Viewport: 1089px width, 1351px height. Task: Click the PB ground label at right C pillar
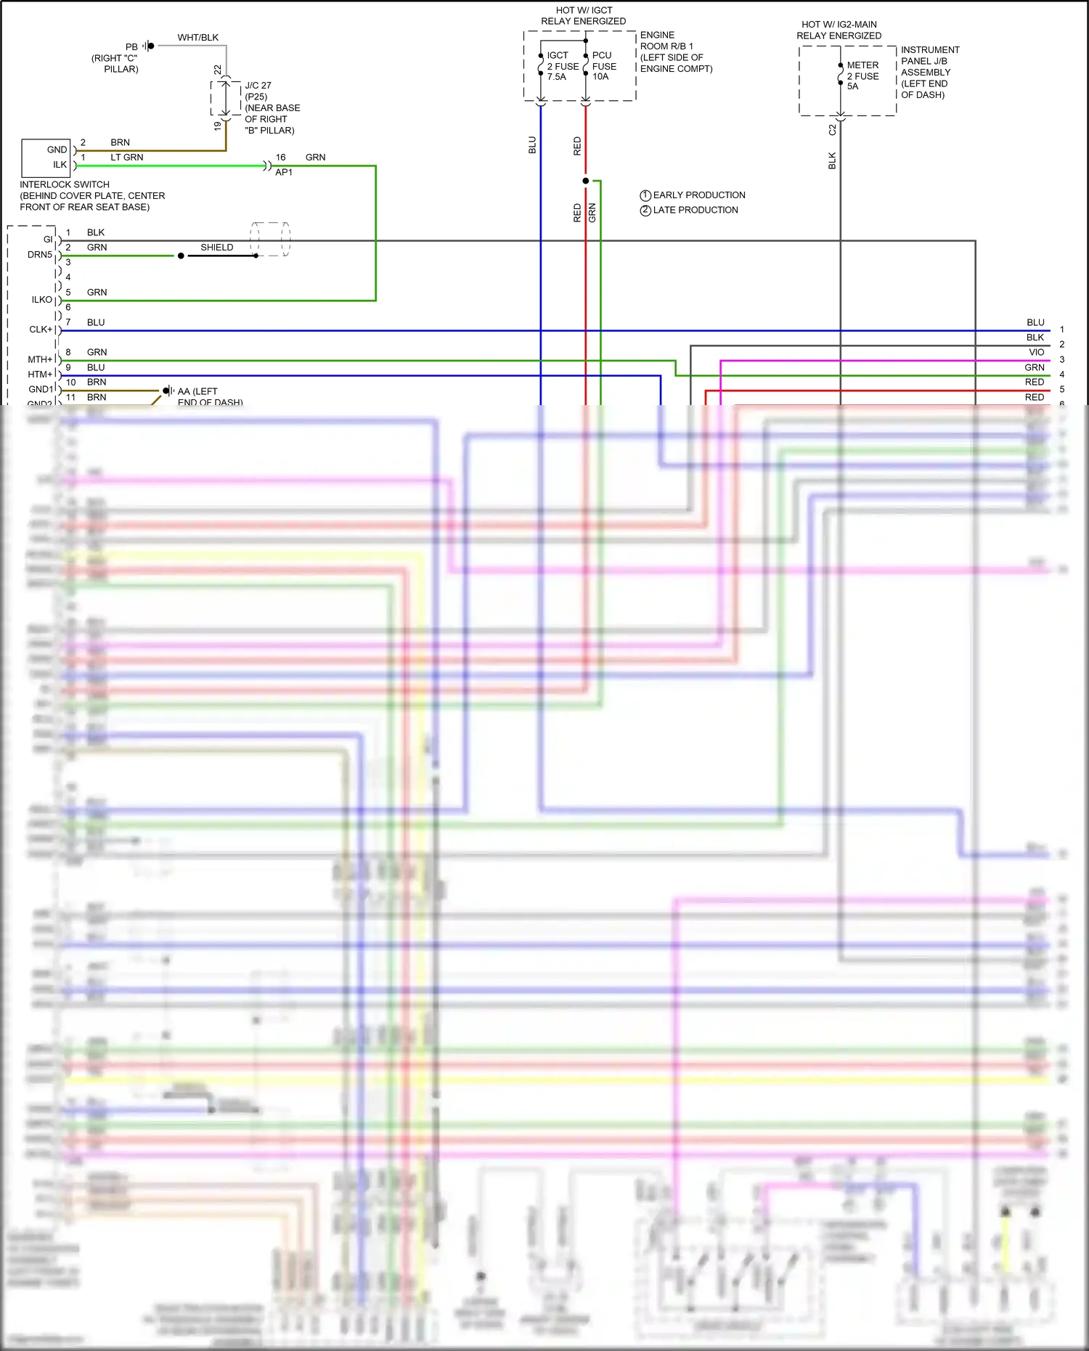(131, 47)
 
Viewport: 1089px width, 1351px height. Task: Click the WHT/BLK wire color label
(197, 38)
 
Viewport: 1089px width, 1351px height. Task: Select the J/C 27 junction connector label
(258, 86)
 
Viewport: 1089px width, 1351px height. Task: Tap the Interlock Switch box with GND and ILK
(46, 158)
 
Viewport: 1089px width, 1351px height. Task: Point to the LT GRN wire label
(126, 158)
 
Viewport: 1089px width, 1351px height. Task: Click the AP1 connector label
(284, 173)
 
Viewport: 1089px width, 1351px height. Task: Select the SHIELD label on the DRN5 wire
(216, 248)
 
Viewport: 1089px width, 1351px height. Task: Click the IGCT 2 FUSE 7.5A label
(562, 66)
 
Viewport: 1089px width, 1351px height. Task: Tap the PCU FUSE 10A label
(603, 66)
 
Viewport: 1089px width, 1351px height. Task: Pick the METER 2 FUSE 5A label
(862, 75)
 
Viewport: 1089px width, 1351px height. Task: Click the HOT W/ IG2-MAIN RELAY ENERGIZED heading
(839, 30)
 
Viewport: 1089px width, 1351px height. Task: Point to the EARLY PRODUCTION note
(698, 195)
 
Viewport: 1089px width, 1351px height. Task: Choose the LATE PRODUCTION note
(695, 211)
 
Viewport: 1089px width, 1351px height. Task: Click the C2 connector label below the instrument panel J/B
(832, 130)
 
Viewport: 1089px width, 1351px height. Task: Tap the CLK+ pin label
(41, 330)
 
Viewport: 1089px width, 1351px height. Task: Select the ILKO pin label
(41, 300)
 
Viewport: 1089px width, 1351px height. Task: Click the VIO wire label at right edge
(1036, 353)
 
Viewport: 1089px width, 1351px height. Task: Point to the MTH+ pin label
(40, 359)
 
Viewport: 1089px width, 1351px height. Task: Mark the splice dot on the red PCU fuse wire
(586, 181)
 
